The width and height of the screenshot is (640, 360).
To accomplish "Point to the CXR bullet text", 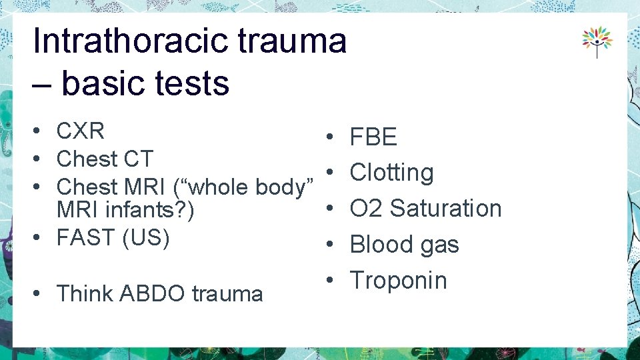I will point(81,131).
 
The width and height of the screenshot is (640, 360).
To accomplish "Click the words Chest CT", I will point(105,159).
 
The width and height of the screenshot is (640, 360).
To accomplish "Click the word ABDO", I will point(155,293).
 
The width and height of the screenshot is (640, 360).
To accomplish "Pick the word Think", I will point(86,293).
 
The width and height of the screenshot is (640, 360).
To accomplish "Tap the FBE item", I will point(373,138).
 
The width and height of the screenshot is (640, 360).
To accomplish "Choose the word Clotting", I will point(392,173).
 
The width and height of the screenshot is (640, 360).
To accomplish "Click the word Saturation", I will point(445,208).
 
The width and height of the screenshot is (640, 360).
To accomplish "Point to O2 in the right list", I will point(365,208).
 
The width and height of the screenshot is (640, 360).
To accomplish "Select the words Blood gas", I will point(405,245).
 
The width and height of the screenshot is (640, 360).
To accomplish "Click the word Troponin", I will point(399,280).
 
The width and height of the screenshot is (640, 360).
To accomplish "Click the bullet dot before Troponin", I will point(330,280).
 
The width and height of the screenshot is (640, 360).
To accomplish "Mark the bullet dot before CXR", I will point(41,132).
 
